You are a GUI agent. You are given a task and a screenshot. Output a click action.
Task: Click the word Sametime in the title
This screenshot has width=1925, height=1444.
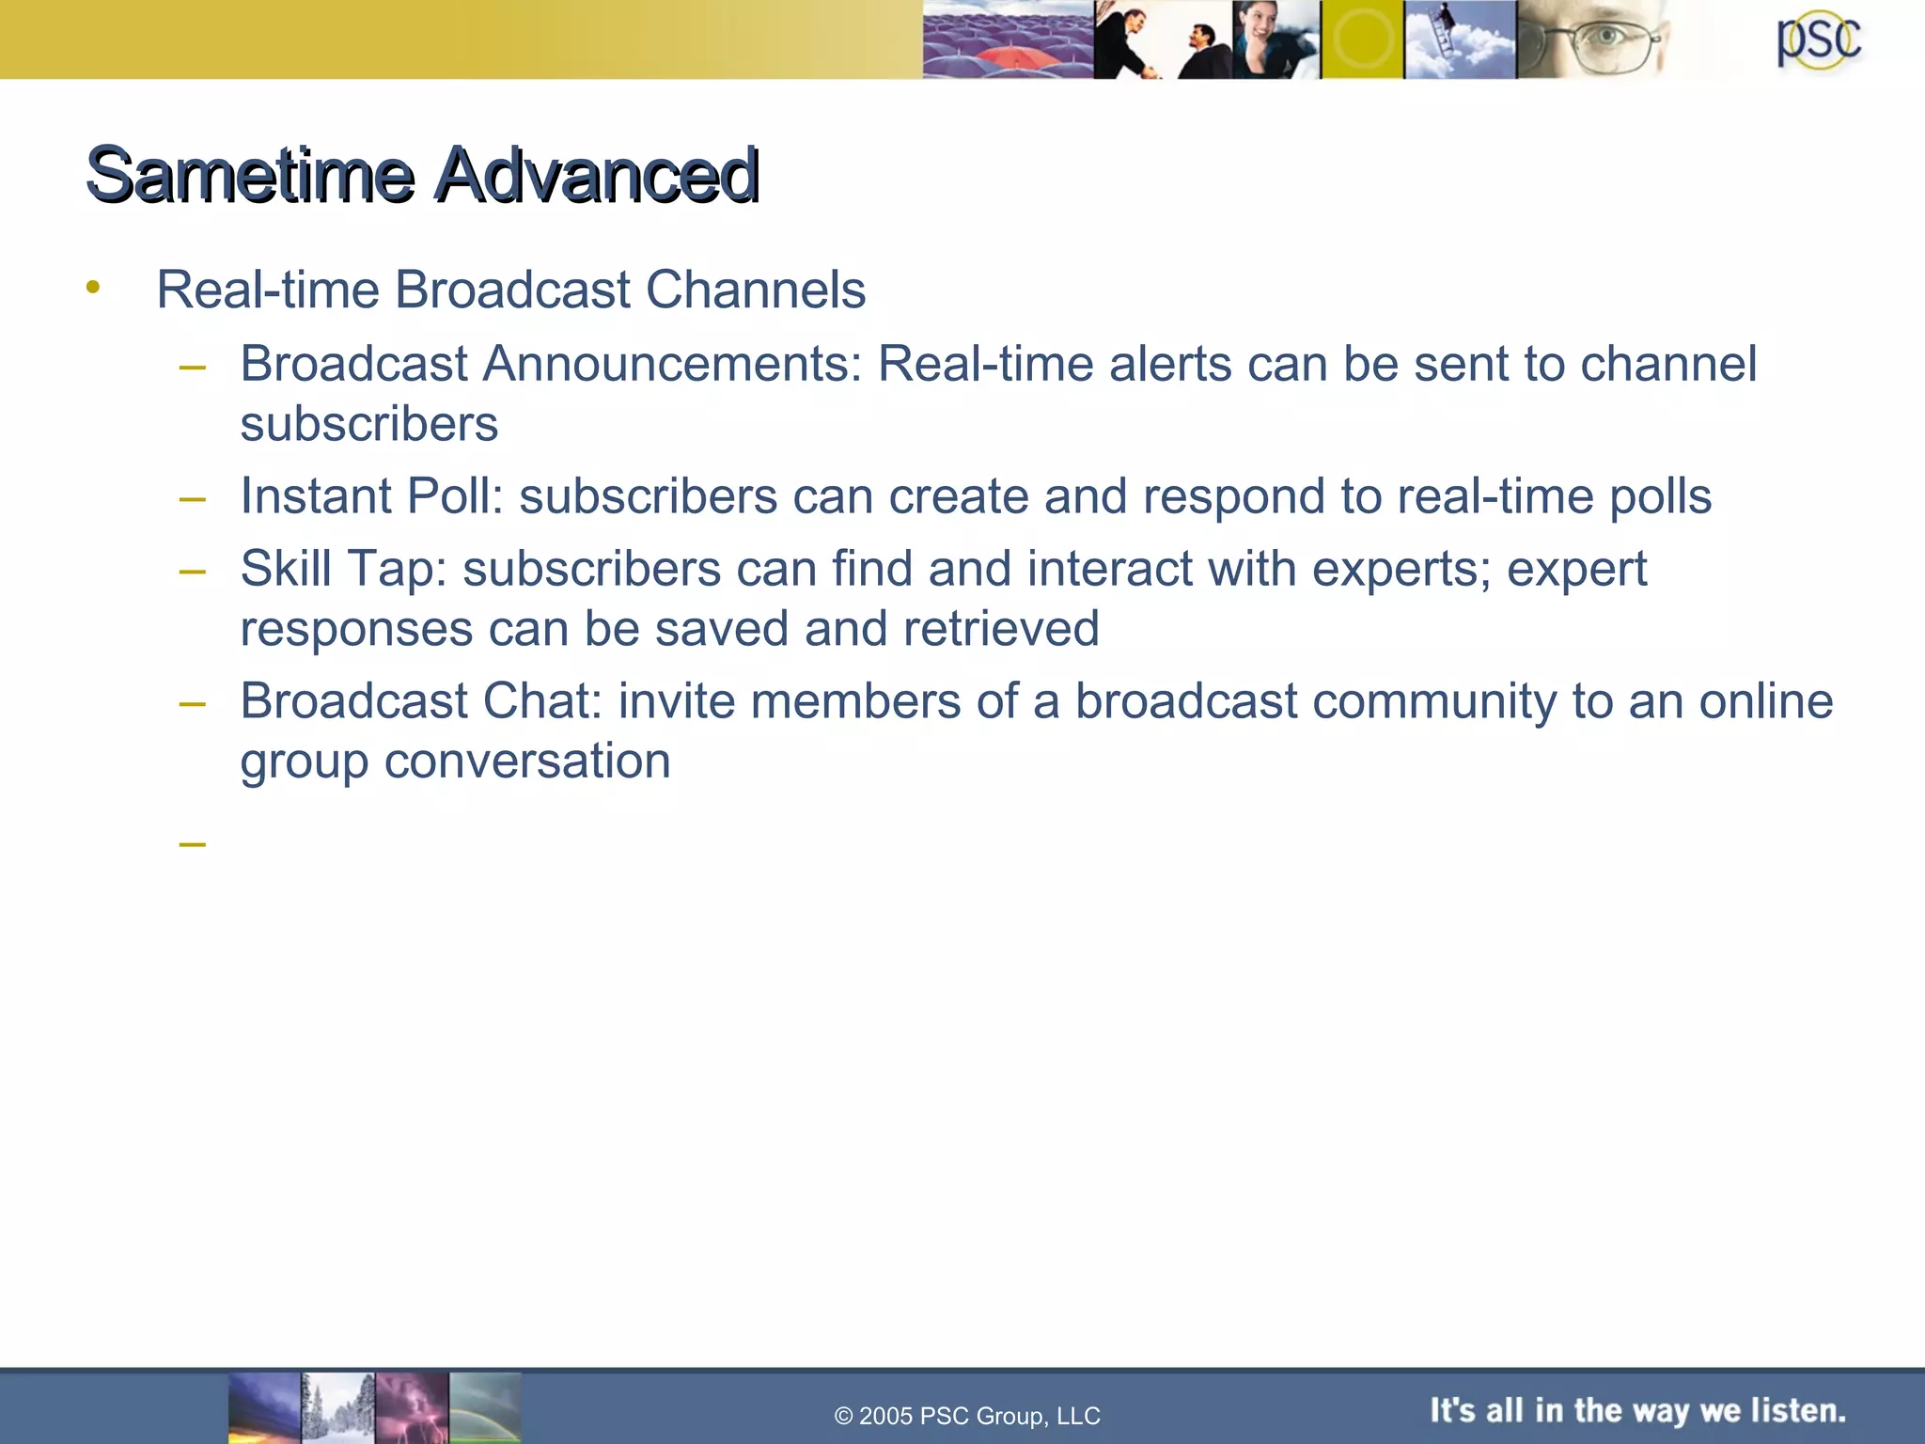250,175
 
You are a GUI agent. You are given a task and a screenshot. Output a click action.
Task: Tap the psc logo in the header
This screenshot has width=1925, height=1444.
1818,41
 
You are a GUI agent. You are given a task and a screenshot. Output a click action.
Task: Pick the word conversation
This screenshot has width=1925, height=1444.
527,761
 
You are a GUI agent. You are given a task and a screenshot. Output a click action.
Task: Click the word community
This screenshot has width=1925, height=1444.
1429,701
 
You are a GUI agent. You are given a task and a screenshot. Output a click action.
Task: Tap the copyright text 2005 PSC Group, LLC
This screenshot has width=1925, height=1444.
968,1416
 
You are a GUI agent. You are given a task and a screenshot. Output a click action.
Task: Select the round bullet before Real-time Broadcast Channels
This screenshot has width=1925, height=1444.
92,287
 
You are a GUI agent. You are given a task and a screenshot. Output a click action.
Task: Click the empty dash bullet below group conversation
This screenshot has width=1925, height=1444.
192,843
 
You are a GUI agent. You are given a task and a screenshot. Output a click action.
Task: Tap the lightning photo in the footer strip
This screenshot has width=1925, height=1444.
412,1407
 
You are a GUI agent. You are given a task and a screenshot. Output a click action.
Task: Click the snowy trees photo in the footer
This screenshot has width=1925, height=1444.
338,1407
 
